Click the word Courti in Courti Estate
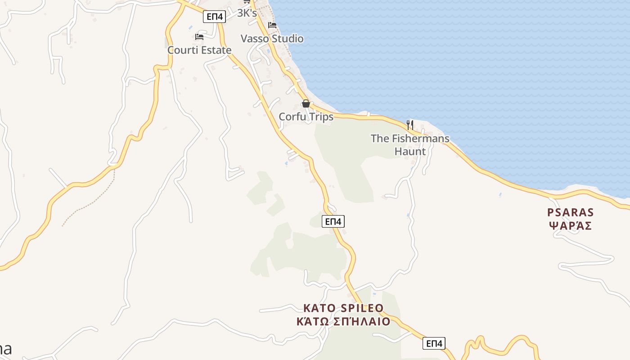[182, 50]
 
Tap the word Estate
[215, 50]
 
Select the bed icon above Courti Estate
[199, 36]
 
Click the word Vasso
[255, 39]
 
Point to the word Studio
[288, 39]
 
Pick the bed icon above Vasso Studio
[272, 25]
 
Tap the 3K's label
[247, 13]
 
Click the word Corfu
[292, 117]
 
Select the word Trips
[321, 117]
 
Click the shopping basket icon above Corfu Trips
[306, 103]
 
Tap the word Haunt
[410, 151]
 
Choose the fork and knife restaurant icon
[409, 125]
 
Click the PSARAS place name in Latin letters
[571, 212]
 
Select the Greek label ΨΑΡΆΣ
[571, 225]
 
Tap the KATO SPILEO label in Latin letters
[343, 308]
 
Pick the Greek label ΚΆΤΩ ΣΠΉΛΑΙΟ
[343, 322]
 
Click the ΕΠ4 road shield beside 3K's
[214, 17]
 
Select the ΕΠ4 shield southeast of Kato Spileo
[434, 343]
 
